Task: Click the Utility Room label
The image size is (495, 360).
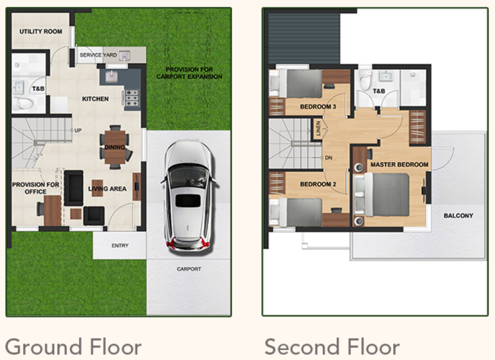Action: click(41, 32)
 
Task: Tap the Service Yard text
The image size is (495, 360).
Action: click(98, 55)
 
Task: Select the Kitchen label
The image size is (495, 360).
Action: click(95, 99)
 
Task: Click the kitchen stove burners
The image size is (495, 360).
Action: click(132, 98)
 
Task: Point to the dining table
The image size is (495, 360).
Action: click(115, 147)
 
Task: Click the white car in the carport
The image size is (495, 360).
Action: click(188, 196)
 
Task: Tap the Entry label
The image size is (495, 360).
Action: click(120, 245)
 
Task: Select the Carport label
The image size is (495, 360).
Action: click(189, 269)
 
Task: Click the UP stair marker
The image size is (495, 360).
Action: click(78, 130)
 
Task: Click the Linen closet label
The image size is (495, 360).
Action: click(318, 128)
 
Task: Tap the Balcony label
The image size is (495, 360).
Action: click(458, 216)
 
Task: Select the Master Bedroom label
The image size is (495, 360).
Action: click(399, 164)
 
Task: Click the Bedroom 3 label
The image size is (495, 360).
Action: click(318, 107)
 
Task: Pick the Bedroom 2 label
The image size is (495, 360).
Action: click(318, 184)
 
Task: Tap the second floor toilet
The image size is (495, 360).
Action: click(366, 79)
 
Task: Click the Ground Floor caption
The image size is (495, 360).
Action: click(73, 347)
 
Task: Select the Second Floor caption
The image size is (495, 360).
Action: click(332, 347)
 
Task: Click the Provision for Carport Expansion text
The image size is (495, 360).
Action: click(189, 73)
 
